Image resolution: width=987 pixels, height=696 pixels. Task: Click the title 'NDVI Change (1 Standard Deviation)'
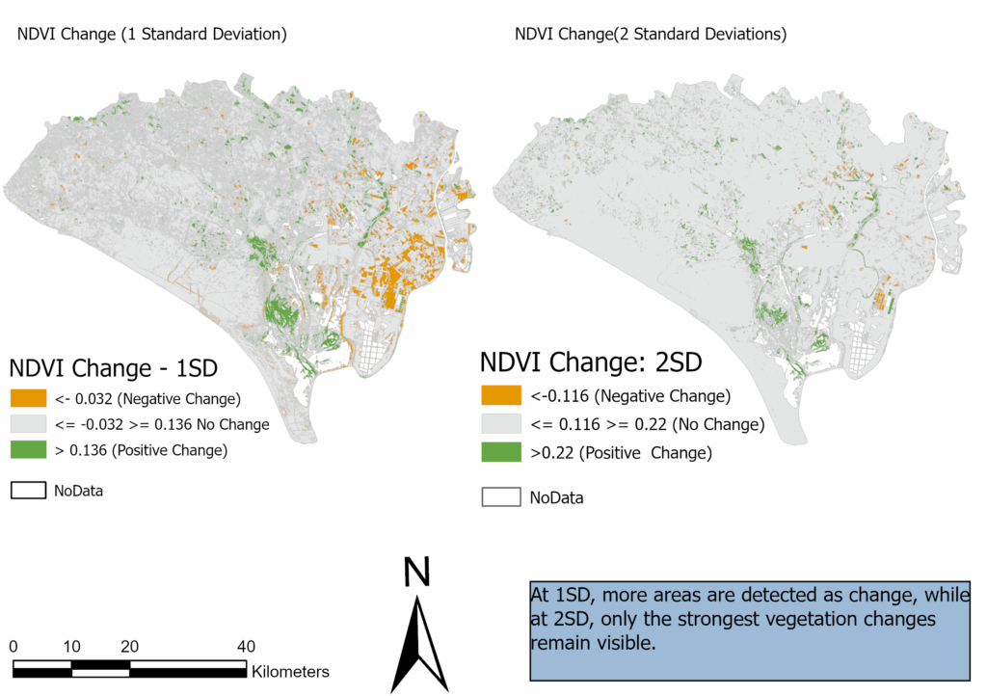point(152,35)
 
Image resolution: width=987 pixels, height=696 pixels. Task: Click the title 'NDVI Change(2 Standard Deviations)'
point(651,35)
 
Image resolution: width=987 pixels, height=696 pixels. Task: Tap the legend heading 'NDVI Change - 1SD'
point(113,368)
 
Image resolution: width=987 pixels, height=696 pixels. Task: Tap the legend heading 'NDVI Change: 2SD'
point(591,362)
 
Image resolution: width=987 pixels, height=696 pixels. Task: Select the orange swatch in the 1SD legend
point(28,398)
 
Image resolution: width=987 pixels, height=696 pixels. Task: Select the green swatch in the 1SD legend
point(28,450)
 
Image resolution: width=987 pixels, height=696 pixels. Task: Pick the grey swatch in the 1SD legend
point(28,424)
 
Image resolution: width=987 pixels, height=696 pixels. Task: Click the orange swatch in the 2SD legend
point(499,396)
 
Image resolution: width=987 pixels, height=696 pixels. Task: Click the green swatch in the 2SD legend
point(499,452)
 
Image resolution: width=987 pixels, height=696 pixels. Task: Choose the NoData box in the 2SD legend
point(499,497)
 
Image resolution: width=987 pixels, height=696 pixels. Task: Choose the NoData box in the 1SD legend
point(28,490)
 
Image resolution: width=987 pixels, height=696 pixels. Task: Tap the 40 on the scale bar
point(246,646)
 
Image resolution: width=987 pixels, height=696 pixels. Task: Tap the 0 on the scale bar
point(13,646)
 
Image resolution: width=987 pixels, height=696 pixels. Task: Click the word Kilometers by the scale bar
point(290,672)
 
